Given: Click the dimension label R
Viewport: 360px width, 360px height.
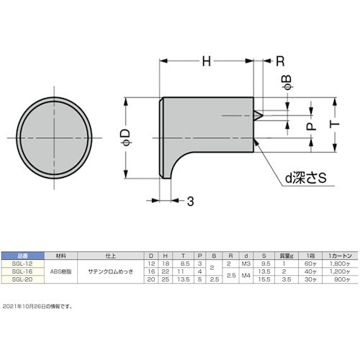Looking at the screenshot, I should pos(279,63).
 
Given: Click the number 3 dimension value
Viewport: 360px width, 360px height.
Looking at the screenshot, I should pos(191,201).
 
